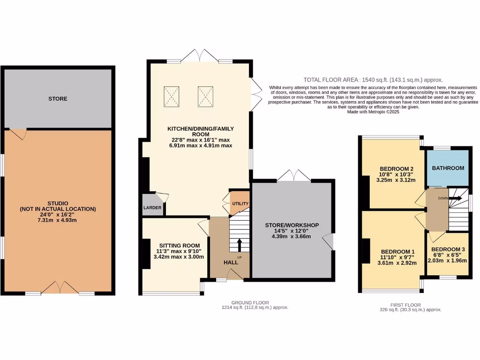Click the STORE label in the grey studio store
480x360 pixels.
point(58,99)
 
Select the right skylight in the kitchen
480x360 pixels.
point(205,96)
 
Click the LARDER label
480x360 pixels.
point(152,208)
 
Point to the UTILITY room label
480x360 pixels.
point(240,204)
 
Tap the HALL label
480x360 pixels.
point(230,262)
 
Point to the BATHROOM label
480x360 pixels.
point(448,168)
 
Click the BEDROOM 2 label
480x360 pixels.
point(396,169)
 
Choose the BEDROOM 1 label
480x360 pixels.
point(397,251)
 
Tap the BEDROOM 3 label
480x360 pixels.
point(448,249)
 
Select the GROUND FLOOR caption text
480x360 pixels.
point(250,303)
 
